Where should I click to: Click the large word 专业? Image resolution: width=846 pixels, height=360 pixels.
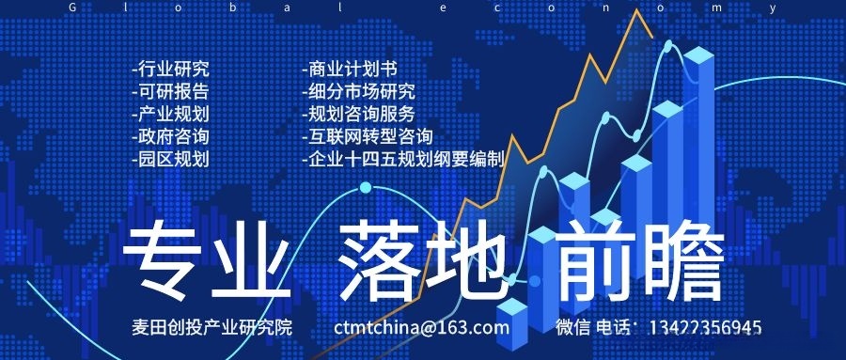[x=207, y=262]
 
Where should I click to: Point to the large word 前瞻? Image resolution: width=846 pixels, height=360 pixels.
[x=640, y=262]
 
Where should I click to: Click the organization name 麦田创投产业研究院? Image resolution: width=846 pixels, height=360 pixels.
[x=212, y=327]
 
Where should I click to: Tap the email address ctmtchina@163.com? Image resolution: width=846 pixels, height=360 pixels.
[x=421, y=327]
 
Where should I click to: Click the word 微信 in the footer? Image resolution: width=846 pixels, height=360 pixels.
[x=573, y=327]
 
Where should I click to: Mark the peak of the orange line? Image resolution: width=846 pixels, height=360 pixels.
[x=637, y=9]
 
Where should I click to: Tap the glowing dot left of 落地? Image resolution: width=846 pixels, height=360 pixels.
[x=366, y=188]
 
